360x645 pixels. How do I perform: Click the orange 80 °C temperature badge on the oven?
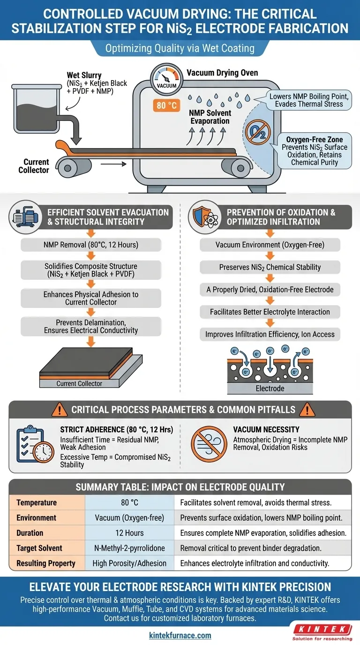166,105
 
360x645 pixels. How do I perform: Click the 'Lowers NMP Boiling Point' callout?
310,100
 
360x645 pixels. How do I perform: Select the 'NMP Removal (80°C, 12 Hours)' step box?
91,244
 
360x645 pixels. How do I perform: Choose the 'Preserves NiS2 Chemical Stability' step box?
270,267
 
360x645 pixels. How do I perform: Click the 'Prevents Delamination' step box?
91,326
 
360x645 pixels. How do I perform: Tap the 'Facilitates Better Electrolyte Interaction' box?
270,312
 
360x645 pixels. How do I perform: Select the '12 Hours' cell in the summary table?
129,532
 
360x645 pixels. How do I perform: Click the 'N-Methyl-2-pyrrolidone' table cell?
129,547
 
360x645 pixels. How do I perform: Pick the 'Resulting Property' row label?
46,562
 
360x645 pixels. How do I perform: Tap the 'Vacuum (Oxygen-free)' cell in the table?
129,517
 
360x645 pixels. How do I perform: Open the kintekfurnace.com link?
180,636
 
